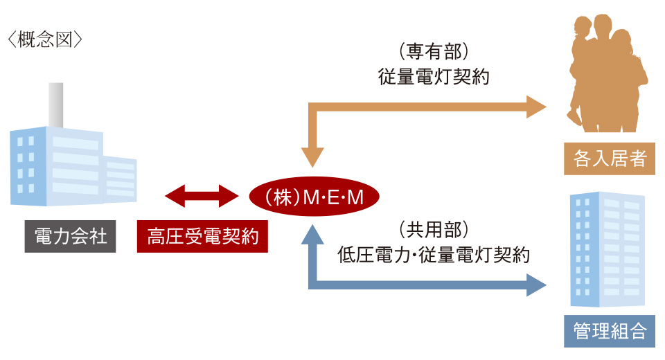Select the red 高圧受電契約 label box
(202, 237)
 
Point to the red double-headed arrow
(197, 196)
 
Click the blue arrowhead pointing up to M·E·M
(314, 237)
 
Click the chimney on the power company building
(55, 104)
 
